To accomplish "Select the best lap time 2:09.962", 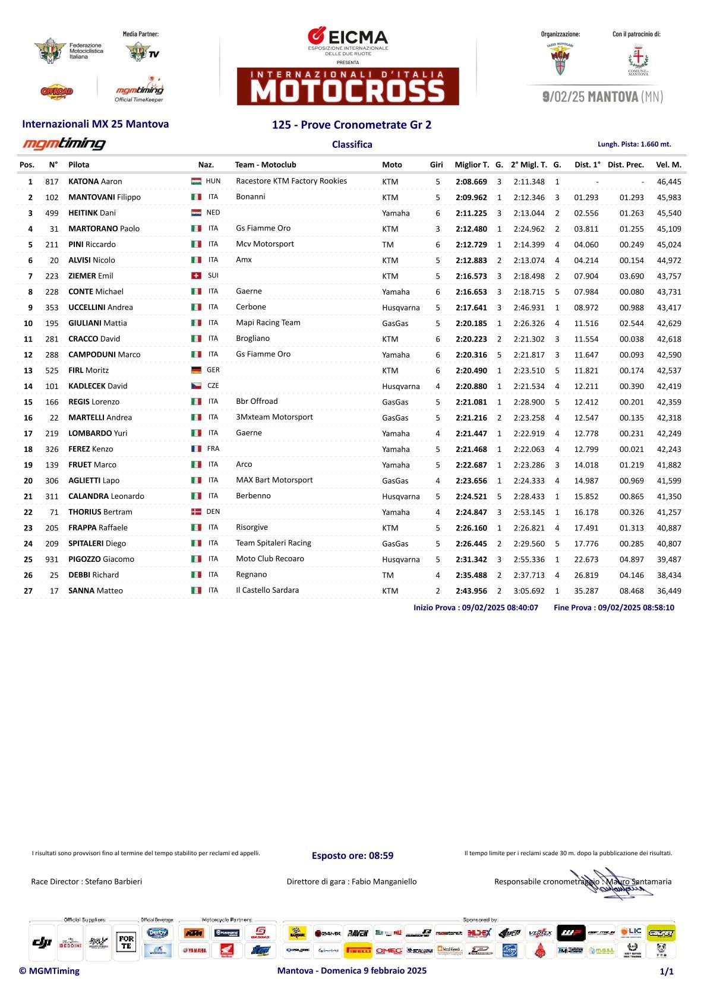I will [x=471, y=198].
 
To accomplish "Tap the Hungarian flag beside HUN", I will [x=196, y=181].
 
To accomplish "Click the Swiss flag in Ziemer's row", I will [x=196, y=276].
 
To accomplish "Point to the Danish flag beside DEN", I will [x=196, y=512].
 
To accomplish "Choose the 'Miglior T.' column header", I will [x=472, y=165].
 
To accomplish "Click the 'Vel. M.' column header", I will [x=668, y=165].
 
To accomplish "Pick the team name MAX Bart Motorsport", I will [x=274, y=480].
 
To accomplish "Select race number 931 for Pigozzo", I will [x=52, y=559].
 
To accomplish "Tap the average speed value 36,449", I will [x=669, y=591].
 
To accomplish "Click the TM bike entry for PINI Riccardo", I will [x=388, y=245].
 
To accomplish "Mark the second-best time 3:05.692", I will [x=529, y=591].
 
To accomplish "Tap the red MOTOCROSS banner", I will [x=348, y=87].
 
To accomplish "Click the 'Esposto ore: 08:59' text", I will [x=352, y=856].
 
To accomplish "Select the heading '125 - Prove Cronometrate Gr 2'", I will [x=352, y=125].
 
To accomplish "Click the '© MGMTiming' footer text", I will [x=49, y=971].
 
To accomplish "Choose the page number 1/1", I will [x=667, y=972].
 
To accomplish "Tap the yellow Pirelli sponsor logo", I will [x=358, y=950].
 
